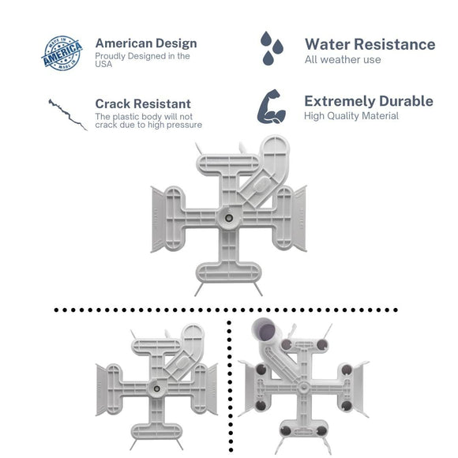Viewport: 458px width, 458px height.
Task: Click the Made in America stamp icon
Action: [62, 52]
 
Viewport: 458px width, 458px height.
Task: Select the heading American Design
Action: [146, 43]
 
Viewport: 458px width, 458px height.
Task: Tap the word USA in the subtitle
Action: [104, 65]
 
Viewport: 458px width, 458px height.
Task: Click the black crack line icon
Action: [67, 114]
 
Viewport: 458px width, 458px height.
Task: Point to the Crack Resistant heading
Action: [143, 103]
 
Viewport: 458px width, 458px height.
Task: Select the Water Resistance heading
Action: [370, 43]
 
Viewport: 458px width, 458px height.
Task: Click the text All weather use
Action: [343, 60]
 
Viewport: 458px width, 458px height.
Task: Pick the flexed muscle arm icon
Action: [271, 108]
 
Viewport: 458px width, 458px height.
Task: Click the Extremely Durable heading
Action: [368, 101]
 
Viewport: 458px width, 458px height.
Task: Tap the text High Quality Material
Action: [351, 116]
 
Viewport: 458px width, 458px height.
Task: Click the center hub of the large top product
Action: [227, 217]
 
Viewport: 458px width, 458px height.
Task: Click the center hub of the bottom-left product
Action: [156, 387]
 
